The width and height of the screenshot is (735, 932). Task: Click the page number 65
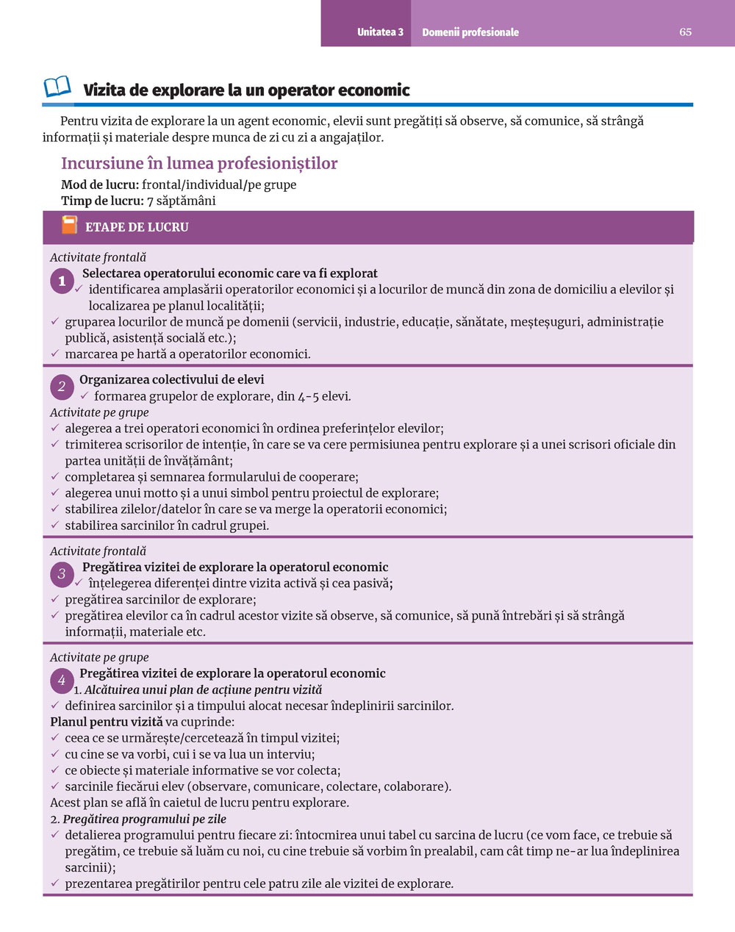pos(685,32)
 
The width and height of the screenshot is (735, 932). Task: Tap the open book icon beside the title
pos(57,87)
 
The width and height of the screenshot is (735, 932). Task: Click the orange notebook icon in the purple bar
pos(69,226)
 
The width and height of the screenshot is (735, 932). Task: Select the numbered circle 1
pos(62,281)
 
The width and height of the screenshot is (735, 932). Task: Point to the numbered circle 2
pos(62,387)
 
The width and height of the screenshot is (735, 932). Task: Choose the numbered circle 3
pos(62,574)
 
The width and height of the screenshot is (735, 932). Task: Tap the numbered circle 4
pos(62,681)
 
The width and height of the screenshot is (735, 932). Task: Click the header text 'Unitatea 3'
pos(380,32)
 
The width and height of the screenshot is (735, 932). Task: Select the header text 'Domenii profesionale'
pos(470,32)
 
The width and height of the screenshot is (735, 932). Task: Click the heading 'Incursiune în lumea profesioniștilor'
pos(199,163)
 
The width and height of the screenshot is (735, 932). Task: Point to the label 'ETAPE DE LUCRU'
pos(137,227)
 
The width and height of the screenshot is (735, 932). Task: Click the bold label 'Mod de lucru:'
pos(100,184)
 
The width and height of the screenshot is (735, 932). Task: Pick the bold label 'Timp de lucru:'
pos(102,201)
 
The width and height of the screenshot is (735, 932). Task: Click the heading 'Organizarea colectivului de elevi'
pos(171,379)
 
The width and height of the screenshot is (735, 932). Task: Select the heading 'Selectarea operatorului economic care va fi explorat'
pos(230,273)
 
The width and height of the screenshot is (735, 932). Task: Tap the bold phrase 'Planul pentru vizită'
pos(107,722)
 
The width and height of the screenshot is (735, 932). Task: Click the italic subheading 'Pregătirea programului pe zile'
pos(144,819)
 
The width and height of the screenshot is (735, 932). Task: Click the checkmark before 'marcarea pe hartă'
pos(55,354)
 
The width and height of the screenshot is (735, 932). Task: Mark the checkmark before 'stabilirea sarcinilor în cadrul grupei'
pos(55,525)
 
